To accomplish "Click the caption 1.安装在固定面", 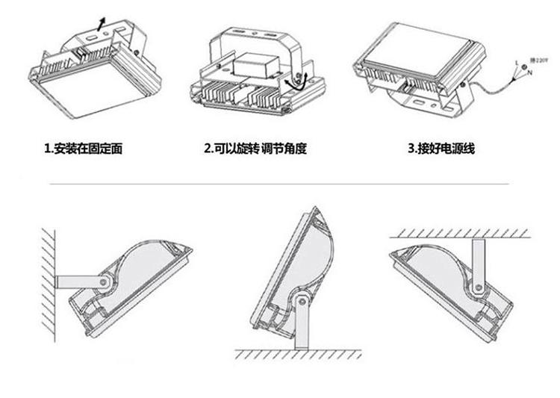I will [x=83, y=149].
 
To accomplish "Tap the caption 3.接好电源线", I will [x=441, y=149].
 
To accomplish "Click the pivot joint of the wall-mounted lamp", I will [x=105, y=282].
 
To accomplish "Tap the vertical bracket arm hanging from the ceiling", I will [x=476, y=258].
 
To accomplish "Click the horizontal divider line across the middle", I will [x=280, y=184].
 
